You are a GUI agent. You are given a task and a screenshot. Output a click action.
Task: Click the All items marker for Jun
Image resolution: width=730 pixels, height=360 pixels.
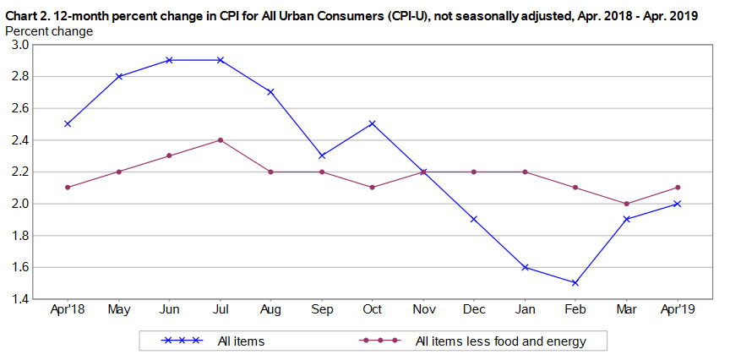[x=169, y=60]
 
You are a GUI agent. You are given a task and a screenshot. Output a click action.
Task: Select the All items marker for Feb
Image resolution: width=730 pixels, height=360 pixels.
[x=575, y=283]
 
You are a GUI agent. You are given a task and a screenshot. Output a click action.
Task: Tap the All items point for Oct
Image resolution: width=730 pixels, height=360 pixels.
[x=372, y=123]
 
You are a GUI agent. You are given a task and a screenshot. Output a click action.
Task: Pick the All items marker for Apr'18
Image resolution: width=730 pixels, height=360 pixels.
[x=67, y=123]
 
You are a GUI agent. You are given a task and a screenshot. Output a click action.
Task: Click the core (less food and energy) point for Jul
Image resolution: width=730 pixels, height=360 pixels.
[x=220, y=139]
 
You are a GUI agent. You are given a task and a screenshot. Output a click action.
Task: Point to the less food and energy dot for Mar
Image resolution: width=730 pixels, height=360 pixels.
[x=626, y=204]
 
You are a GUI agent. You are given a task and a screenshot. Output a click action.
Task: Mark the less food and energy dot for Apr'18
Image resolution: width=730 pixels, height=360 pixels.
[x=67, y=188]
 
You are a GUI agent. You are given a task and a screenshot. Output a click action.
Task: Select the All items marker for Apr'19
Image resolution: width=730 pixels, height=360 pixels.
[x=677, y=204]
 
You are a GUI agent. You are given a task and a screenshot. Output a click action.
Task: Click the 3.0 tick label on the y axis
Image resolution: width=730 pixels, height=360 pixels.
[x=20, y=45]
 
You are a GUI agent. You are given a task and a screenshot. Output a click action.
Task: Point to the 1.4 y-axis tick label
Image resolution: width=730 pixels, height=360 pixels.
[x=20, y=299]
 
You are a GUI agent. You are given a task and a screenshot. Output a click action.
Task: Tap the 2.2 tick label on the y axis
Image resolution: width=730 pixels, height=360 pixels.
[x=20, y=172]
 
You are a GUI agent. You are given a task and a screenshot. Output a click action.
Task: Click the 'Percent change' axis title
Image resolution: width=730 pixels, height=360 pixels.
[x=49, y=30]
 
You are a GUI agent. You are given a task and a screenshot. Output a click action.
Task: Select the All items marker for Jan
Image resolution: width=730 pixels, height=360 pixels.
[x=525, y=267]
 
